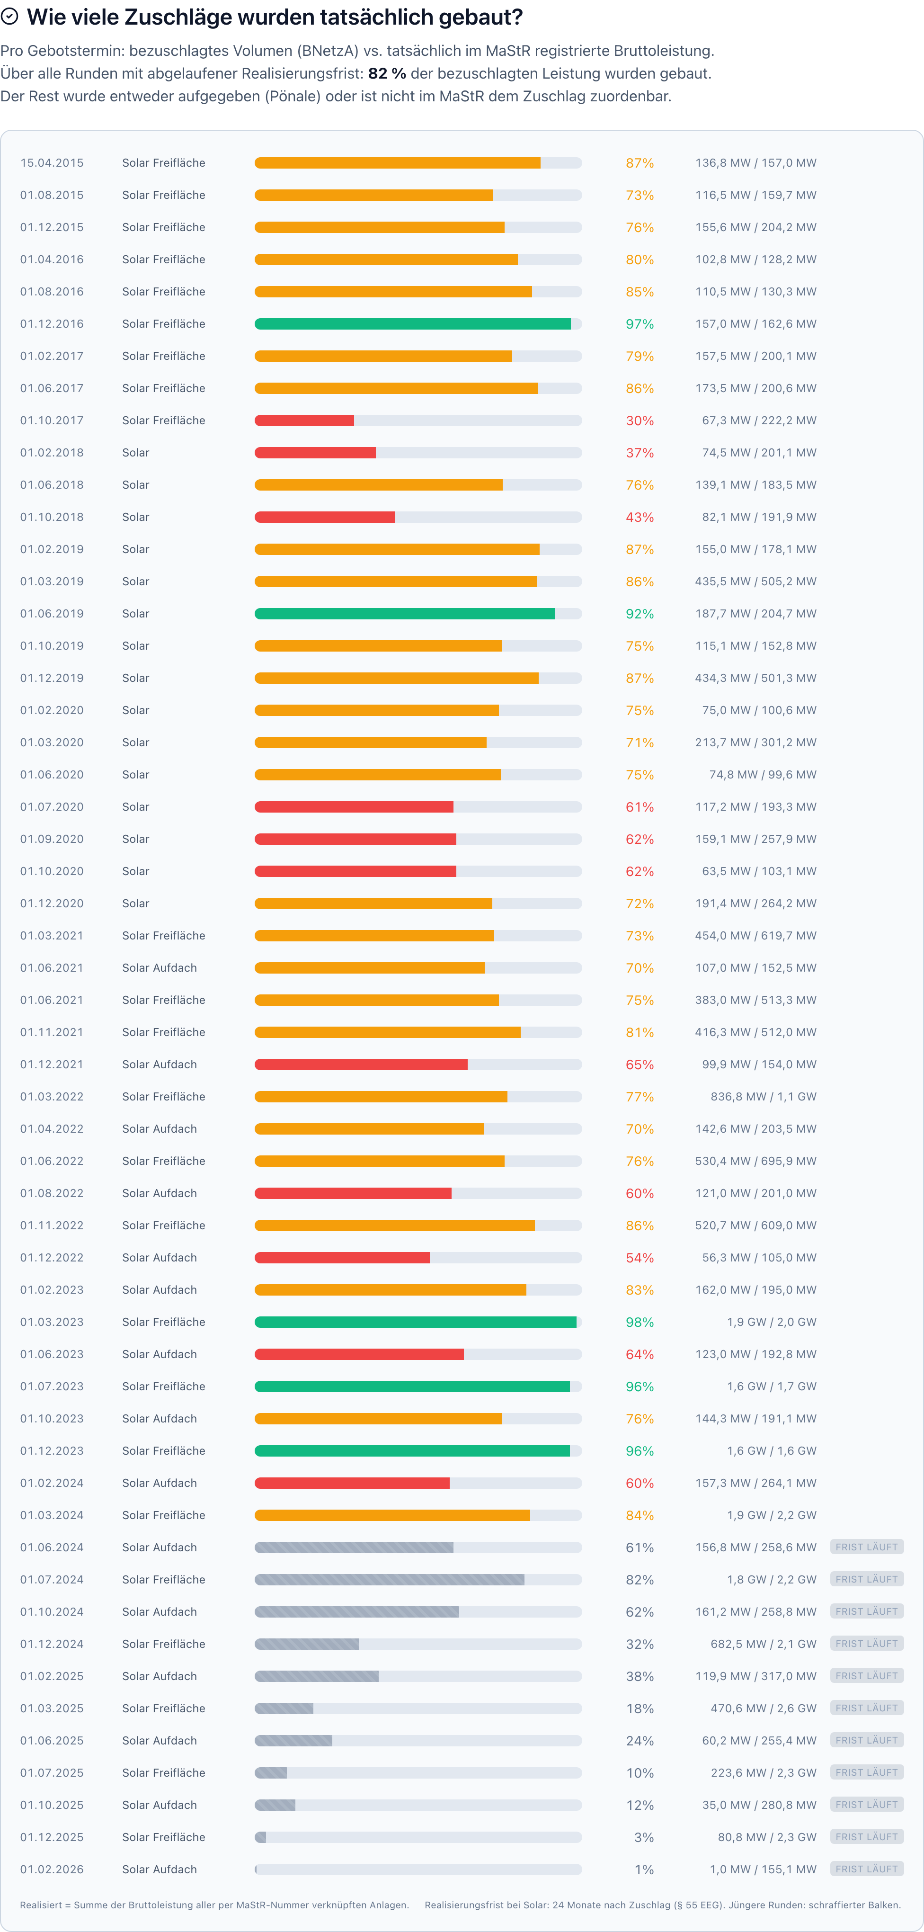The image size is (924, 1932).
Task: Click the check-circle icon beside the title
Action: (x=10, y=17)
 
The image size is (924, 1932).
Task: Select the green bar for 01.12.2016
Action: (x=412, y=324)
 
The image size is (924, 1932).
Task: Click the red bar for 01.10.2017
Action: (x=304, y=421)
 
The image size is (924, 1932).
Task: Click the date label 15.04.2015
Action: (x=52, y=163)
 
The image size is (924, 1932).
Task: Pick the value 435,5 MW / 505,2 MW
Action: (x=755, y=581)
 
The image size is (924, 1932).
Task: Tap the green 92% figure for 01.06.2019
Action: (x=640, y=614)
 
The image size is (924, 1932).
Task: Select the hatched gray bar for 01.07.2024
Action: (x=389, y=1580)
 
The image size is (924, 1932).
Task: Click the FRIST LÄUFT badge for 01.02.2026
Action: (x=866, y=1869)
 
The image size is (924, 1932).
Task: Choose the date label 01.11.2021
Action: (x=52, y=1032)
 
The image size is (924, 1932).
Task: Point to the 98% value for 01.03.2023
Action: (x=640, y=1322)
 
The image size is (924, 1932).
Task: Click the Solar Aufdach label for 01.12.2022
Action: (x=160, y=1258)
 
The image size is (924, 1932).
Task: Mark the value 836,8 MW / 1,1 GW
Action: (x=763, y=1097)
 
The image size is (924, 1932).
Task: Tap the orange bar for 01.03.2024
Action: (x=392, y=1515)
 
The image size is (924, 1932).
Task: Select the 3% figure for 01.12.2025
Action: (x=643, y=1837)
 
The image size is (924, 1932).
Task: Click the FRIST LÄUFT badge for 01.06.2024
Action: (x=866, y=1547)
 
